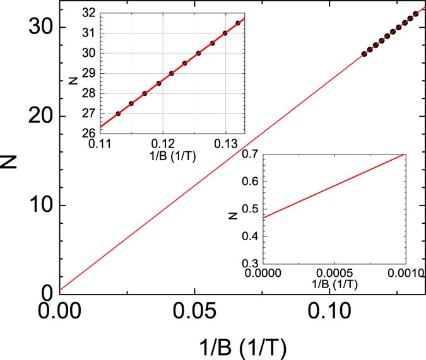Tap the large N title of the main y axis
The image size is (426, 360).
(x=13, y=158)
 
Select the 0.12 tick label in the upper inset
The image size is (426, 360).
(x=163, y=144)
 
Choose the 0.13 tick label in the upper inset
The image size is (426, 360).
(x=224, y=144)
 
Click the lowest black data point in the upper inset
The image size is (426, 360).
(x=118, y=113)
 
